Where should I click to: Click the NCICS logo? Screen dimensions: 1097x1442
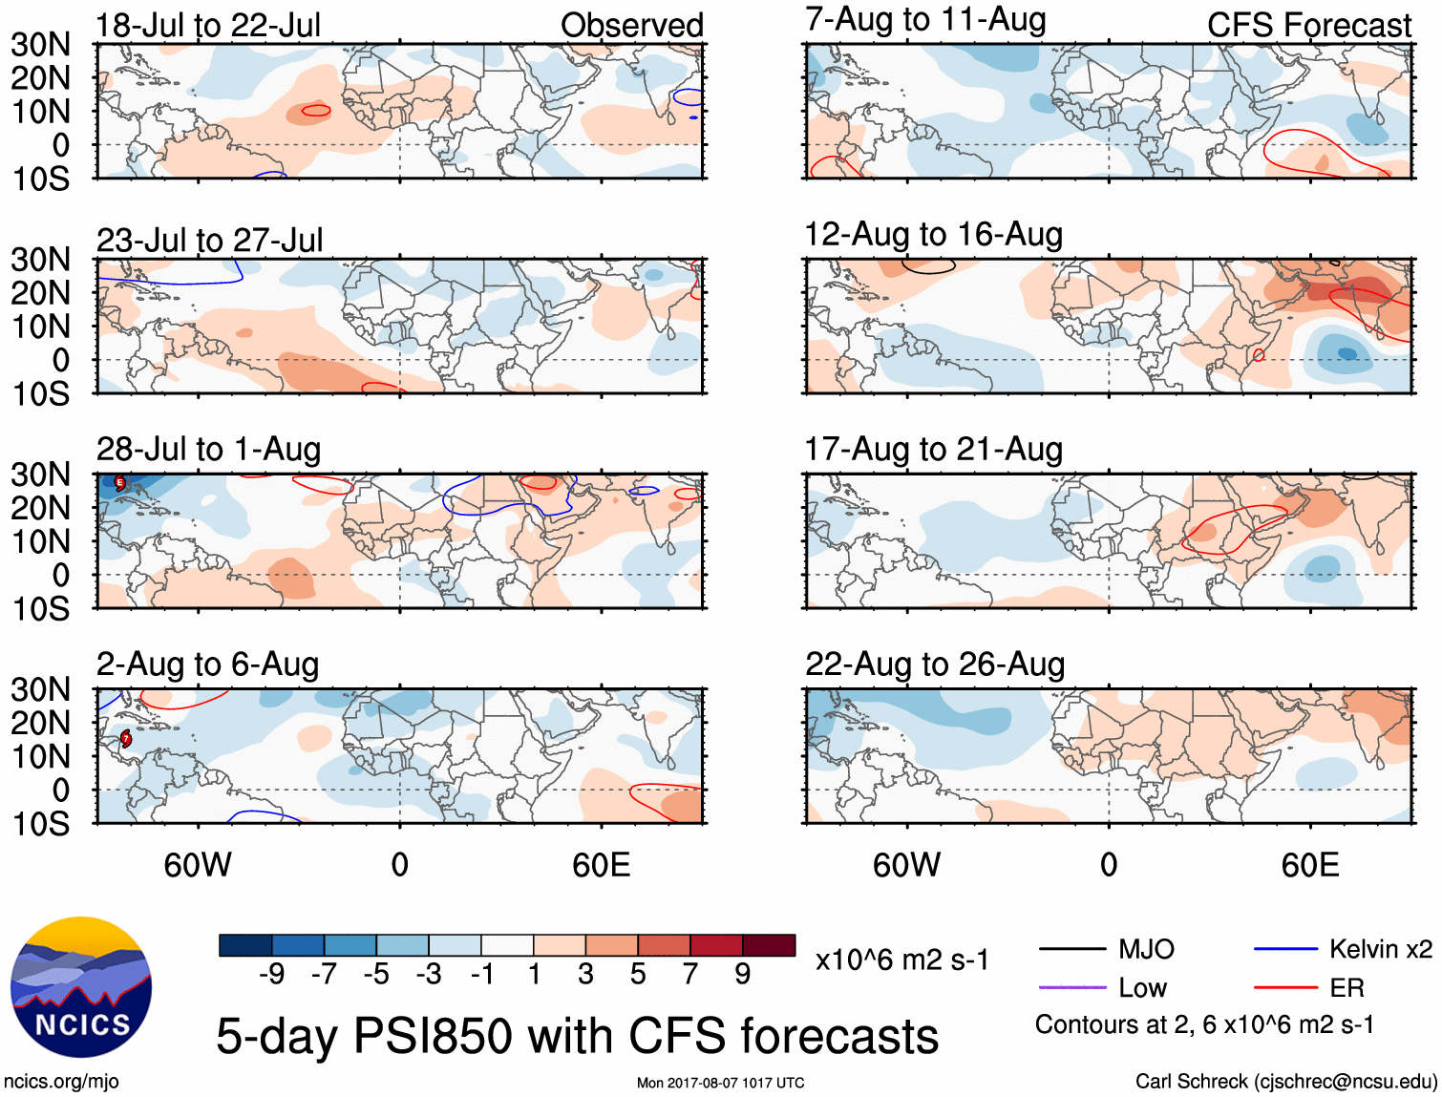click(81, 987)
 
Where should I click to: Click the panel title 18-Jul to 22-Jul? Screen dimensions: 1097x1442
click(208, 25)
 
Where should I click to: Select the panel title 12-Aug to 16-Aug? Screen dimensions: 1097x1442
click(933, 235)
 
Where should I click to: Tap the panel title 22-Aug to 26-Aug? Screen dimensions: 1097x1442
click(934, 665)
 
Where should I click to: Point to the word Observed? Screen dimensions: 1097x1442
click(631, 25)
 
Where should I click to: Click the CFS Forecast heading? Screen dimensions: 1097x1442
click(1308, 25)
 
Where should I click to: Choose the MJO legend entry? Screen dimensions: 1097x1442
click(1145, 949)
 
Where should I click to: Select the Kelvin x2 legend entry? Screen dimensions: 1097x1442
click(1380, 949)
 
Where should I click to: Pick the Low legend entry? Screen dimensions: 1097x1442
click(1142, 988)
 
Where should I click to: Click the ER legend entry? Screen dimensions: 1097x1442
click(1347, 988)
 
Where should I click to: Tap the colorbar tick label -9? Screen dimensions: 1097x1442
click(271, 974)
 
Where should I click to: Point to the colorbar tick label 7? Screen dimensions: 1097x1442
click(690, 974)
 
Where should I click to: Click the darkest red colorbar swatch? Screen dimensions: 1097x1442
click(769, 945)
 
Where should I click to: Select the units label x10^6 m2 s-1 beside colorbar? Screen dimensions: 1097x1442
click(901, 960)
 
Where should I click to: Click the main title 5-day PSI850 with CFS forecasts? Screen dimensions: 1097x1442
click(577, 1036)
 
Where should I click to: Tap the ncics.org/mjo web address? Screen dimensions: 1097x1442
click(61, 1082)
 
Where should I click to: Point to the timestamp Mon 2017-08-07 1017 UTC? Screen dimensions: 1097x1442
click(720, 1083)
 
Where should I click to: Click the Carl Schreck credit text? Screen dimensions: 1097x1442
click(1285, 1082)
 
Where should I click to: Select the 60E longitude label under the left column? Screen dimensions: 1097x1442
click(601, 865)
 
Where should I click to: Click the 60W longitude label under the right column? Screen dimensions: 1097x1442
click(906, 865)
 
